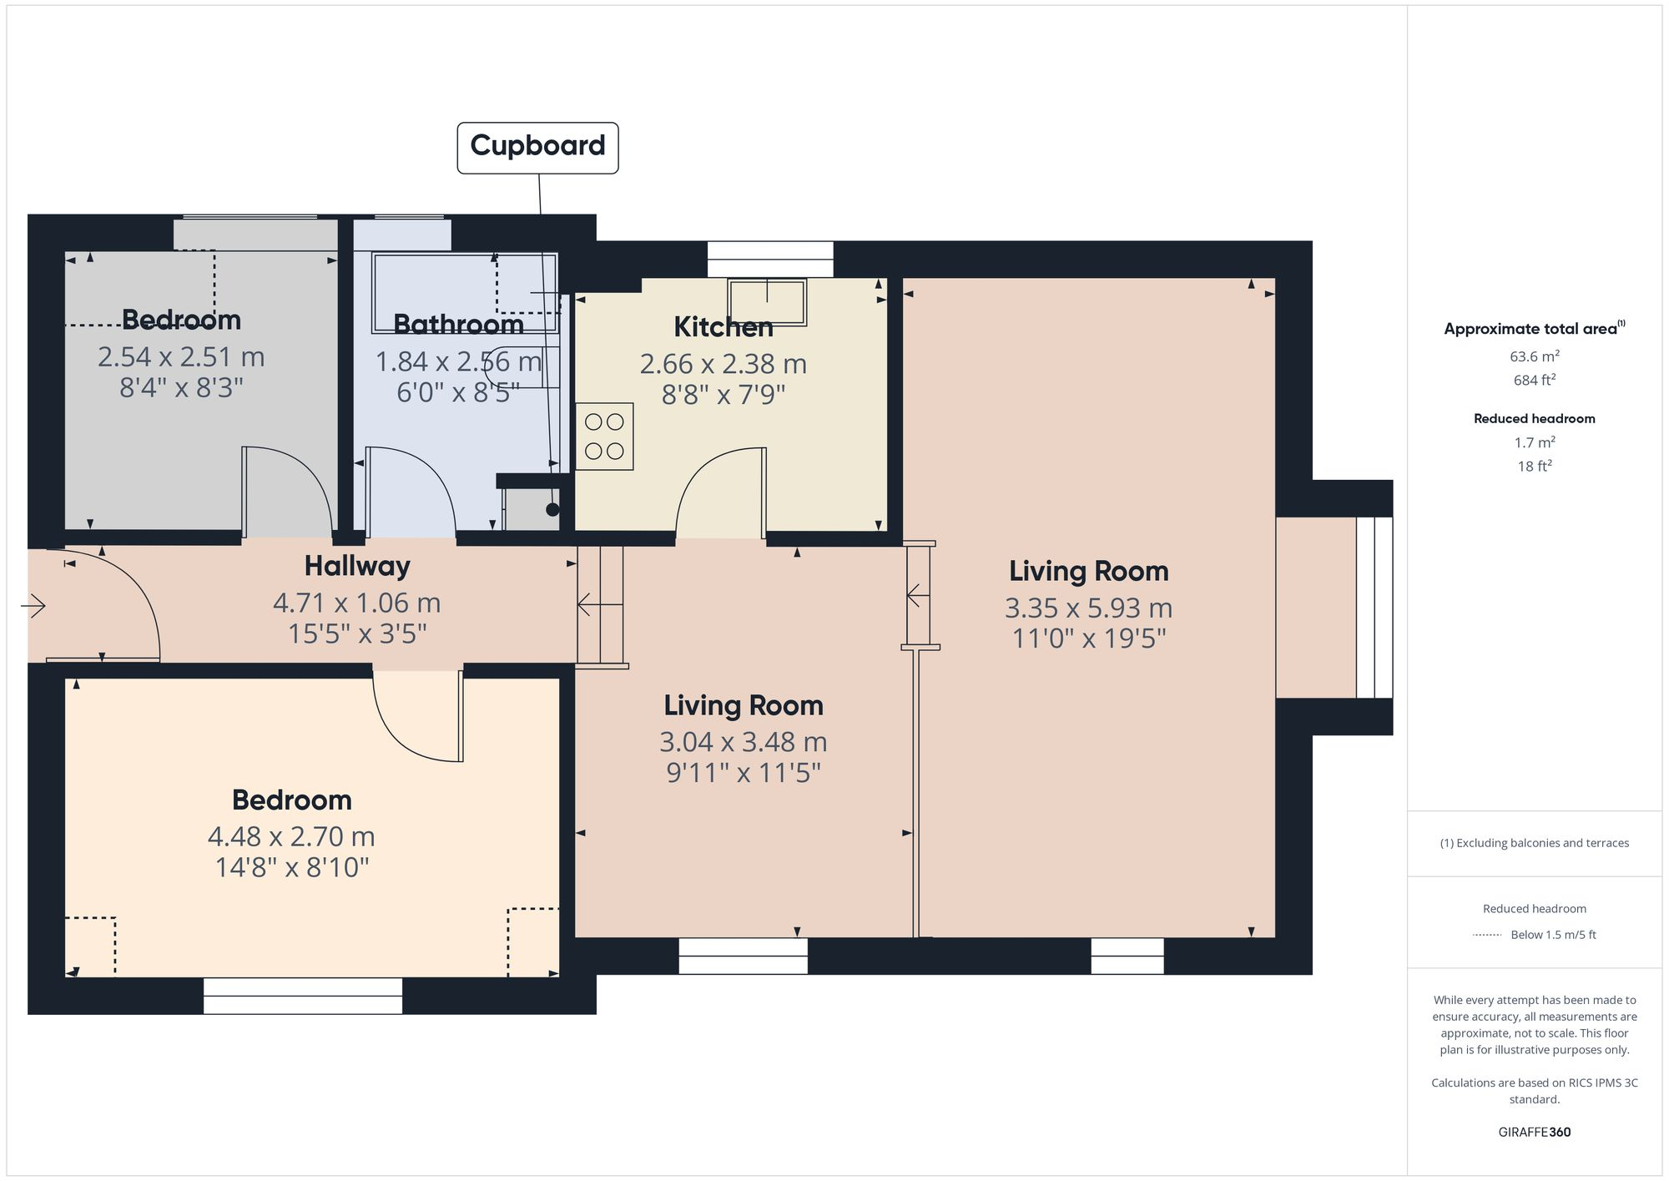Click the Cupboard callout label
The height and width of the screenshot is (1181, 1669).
tap(537, 147)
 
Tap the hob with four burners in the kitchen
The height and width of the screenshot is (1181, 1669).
tap(604, 437)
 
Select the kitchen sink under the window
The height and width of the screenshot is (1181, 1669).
tap(767, 301)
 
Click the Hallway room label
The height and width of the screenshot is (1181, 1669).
tap(357, 566)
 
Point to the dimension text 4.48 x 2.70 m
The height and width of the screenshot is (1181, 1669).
tap(291, 836)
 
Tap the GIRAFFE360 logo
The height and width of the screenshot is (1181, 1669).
tap(1534, 1132)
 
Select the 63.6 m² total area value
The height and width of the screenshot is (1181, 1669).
tap(1534, 356)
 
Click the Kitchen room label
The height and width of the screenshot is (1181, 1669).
tap(724, 327)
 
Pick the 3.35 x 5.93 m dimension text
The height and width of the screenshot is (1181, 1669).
tap(1088, 608)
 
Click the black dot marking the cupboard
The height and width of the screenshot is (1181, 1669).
tap(552, 509)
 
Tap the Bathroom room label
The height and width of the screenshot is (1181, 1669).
tap(458, 324)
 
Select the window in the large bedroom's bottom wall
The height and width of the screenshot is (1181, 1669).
tap(303, 995)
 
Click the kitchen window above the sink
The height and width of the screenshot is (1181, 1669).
tap(770, 259)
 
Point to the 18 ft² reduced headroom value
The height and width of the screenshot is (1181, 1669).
tap(1534, 467)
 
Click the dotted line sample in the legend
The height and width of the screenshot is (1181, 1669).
tap(1487, 935)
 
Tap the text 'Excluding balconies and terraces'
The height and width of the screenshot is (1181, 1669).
tap(1534, 843)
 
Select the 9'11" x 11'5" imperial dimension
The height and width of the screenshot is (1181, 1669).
tap(743, 773)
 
